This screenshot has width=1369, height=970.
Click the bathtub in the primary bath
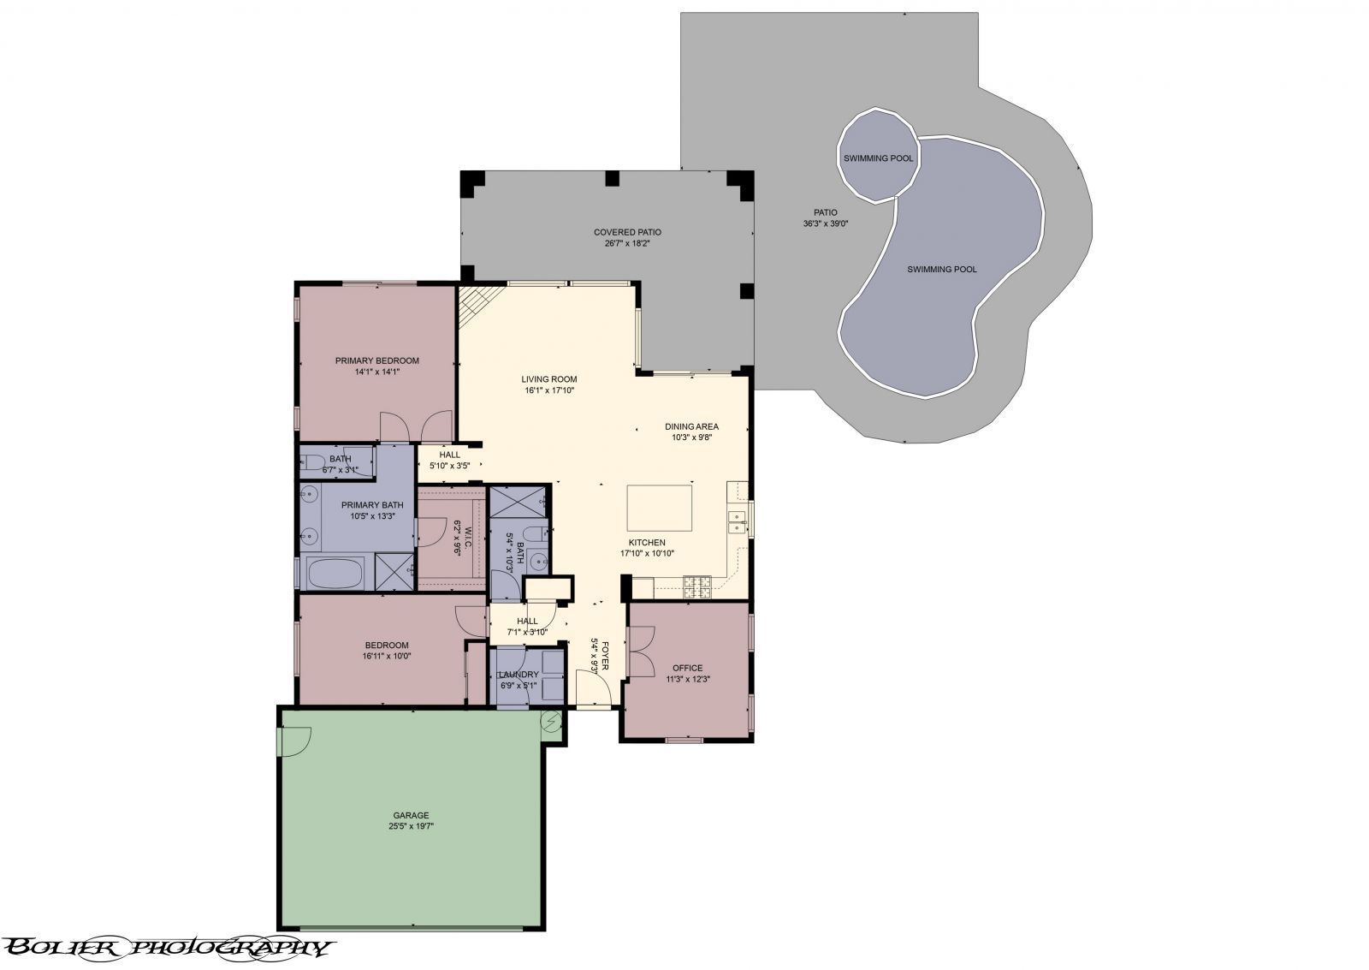click(x=335, y=572)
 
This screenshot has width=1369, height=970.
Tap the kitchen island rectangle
click(x=660, y=507)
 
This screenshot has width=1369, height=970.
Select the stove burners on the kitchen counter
click(x=697, y=586)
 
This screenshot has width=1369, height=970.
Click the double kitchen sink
click(x=737, y=520)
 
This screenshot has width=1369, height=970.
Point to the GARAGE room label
click(x=411, y=815)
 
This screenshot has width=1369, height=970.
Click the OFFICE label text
click(x=687, y=668)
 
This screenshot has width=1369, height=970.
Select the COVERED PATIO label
click(x=627, y=232)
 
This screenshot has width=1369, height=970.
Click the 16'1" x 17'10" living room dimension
click(x=549, y=390)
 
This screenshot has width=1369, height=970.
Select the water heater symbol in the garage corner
click(x=552, y=724)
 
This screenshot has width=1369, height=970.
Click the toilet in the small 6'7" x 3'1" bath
click(x=308, y=463)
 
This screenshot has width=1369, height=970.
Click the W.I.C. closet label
click(x=458, y=538)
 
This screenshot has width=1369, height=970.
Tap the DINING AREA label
click(x=691, y=426)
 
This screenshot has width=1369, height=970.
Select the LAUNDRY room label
click(x=519, y=674)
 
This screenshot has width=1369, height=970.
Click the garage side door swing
click(x=294, y=741)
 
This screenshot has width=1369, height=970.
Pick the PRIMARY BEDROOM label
click(x=376, y=360)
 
